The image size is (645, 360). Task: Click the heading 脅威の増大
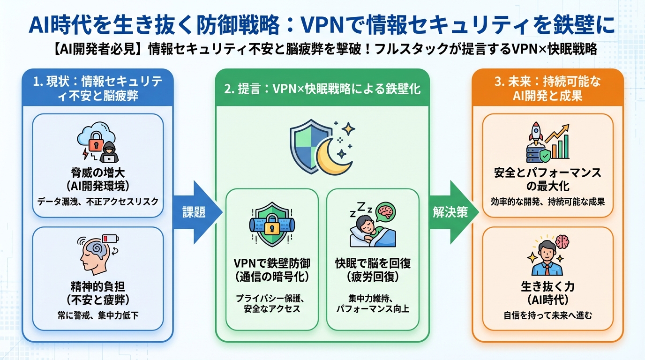(x=98, y=172)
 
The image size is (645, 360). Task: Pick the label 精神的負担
(x=98, y=285)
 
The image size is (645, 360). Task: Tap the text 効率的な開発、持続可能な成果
(x=547, y=202)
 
